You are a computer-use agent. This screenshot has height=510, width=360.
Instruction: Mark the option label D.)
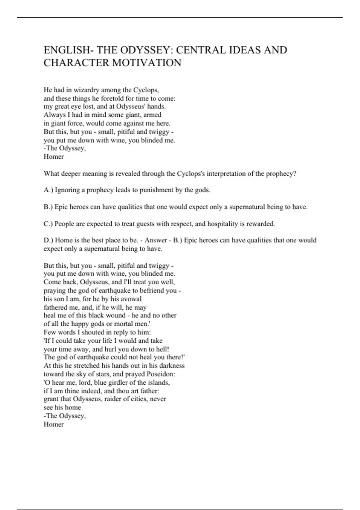tap(49, 240)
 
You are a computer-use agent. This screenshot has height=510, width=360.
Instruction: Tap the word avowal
tap(131, 299)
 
